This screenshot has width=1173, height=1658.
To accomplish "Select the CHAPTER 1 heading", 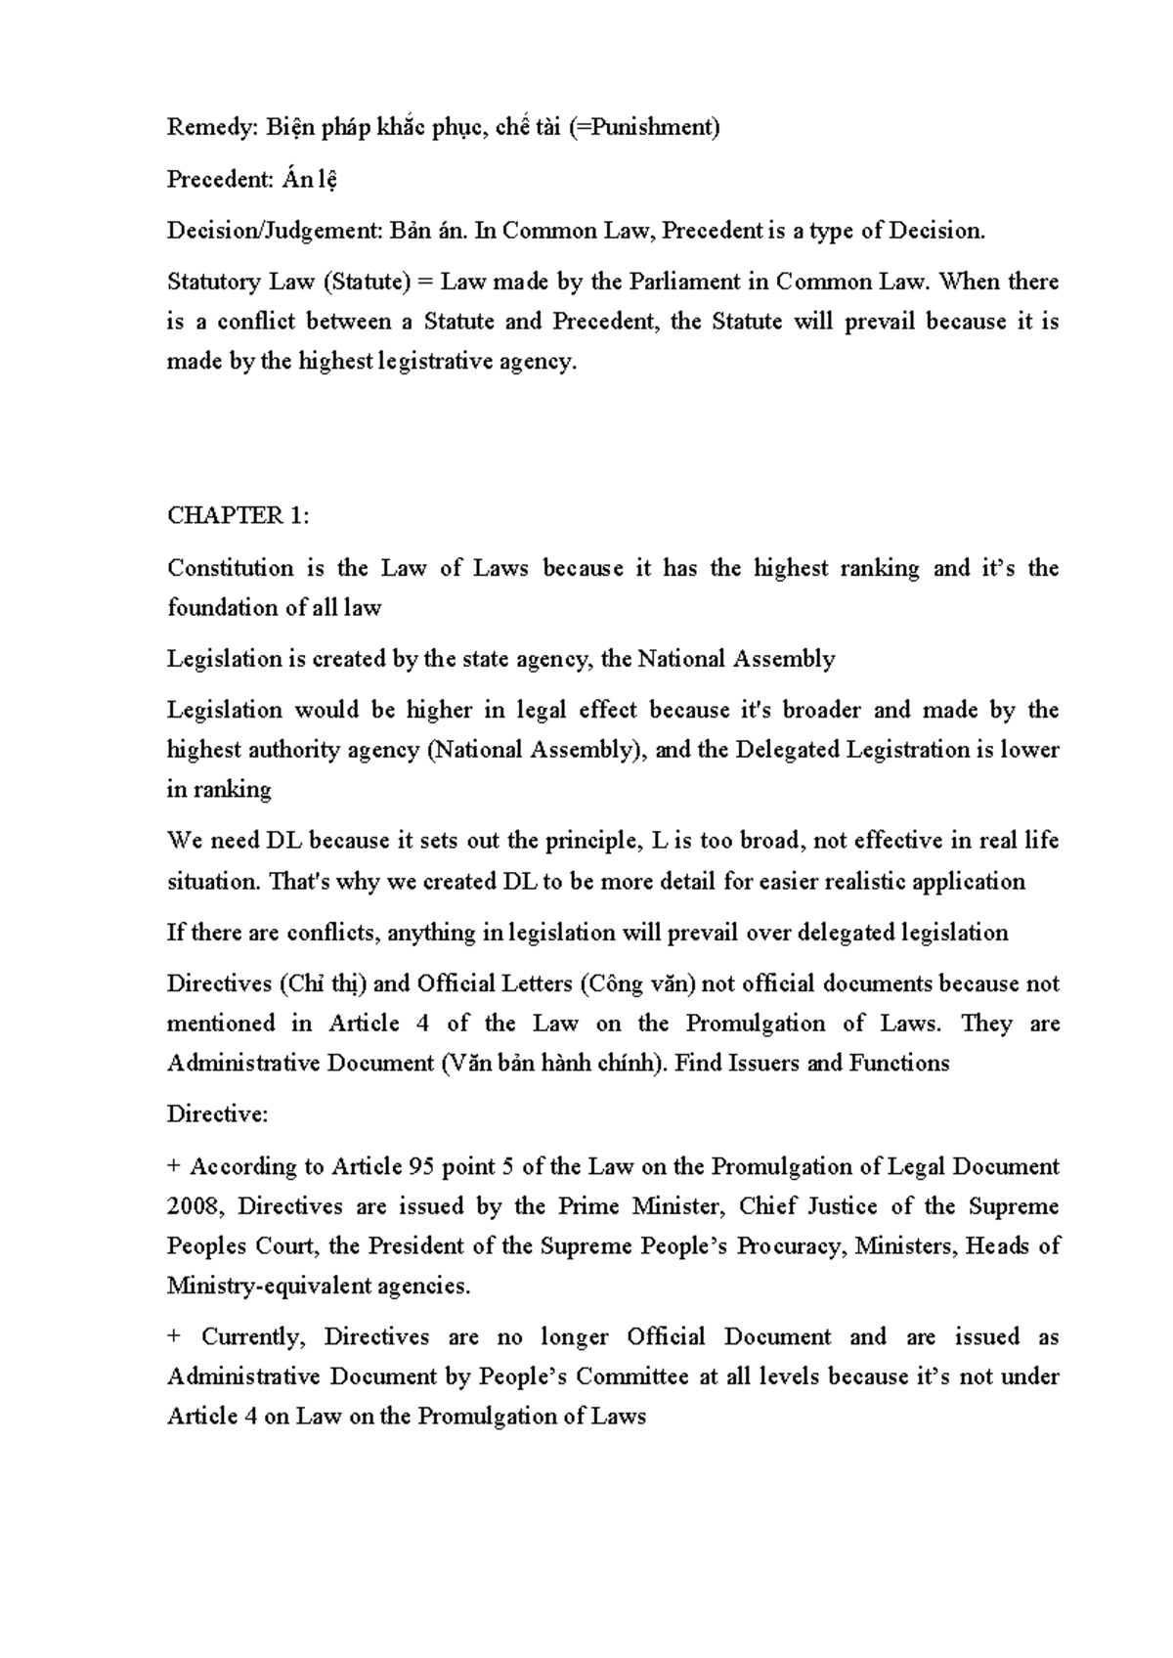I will [239, 516].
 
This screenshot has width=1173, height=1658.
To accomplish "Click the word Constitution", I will [230, 568].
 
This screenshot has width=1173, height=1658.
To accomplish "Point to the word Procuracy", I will [790, 1246].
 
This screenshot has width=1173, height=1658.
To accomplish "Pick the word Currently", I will [254, 1337].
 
